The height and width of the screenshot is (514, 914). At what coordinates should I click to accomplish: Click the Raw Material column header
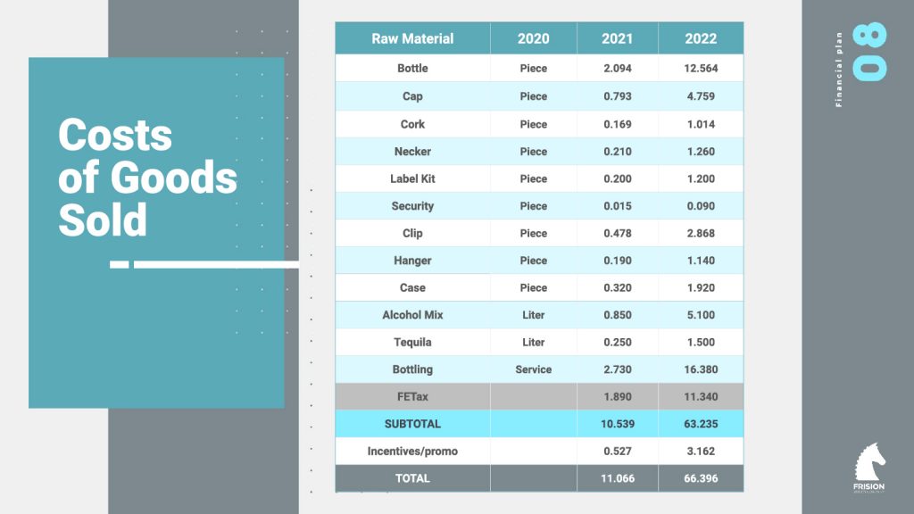pos(412,39)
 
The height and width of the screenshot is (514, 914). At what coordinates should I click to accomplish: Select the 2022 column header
pos(701,39)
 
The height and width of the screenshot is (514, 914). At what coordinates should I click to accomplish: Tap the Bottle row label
pos(412,69)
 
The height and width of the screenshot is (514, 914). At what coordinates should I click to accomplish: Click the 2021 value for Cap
pos(617,96)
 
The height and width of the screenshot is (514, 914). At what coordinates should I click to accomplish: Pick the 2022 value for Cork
pos(701,124)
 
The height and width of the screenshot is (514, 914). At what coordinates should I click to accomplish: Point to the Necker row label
pos(412,152)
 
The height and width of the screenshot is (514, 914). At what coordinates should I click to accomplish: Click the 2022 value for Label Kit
pos(701,178)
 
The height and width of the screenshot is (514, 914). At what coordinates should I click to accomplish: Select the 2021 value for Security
pos(617,206)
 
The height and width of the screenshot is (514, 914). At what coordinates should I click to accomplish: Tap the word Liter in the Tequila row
pos(533,343)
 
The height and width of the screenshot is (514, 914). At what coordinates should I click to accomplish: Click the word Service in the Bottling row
pos(533,369)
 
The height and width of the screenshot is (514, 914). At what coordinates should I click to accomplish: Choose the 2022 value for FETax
pos(701,397)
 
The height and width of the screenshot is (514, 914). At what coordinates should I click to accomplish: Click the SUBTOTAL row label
pos(412,424)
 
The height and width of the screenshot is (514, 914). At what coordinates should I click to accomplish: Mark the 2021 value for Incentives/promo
pos(617,452)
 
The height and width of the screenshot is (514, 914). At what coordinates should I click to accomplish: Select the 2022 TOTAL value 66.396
pos(701,478)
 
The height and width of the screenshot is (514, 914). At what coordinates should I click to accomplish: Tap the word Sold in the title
pos(103,220)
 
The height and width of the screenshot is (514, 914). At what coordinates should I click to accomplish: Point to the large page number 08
pos(871,53)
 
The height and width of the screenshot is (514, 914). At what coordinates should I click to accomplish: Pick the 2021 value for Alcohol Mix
pos(617,315)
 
